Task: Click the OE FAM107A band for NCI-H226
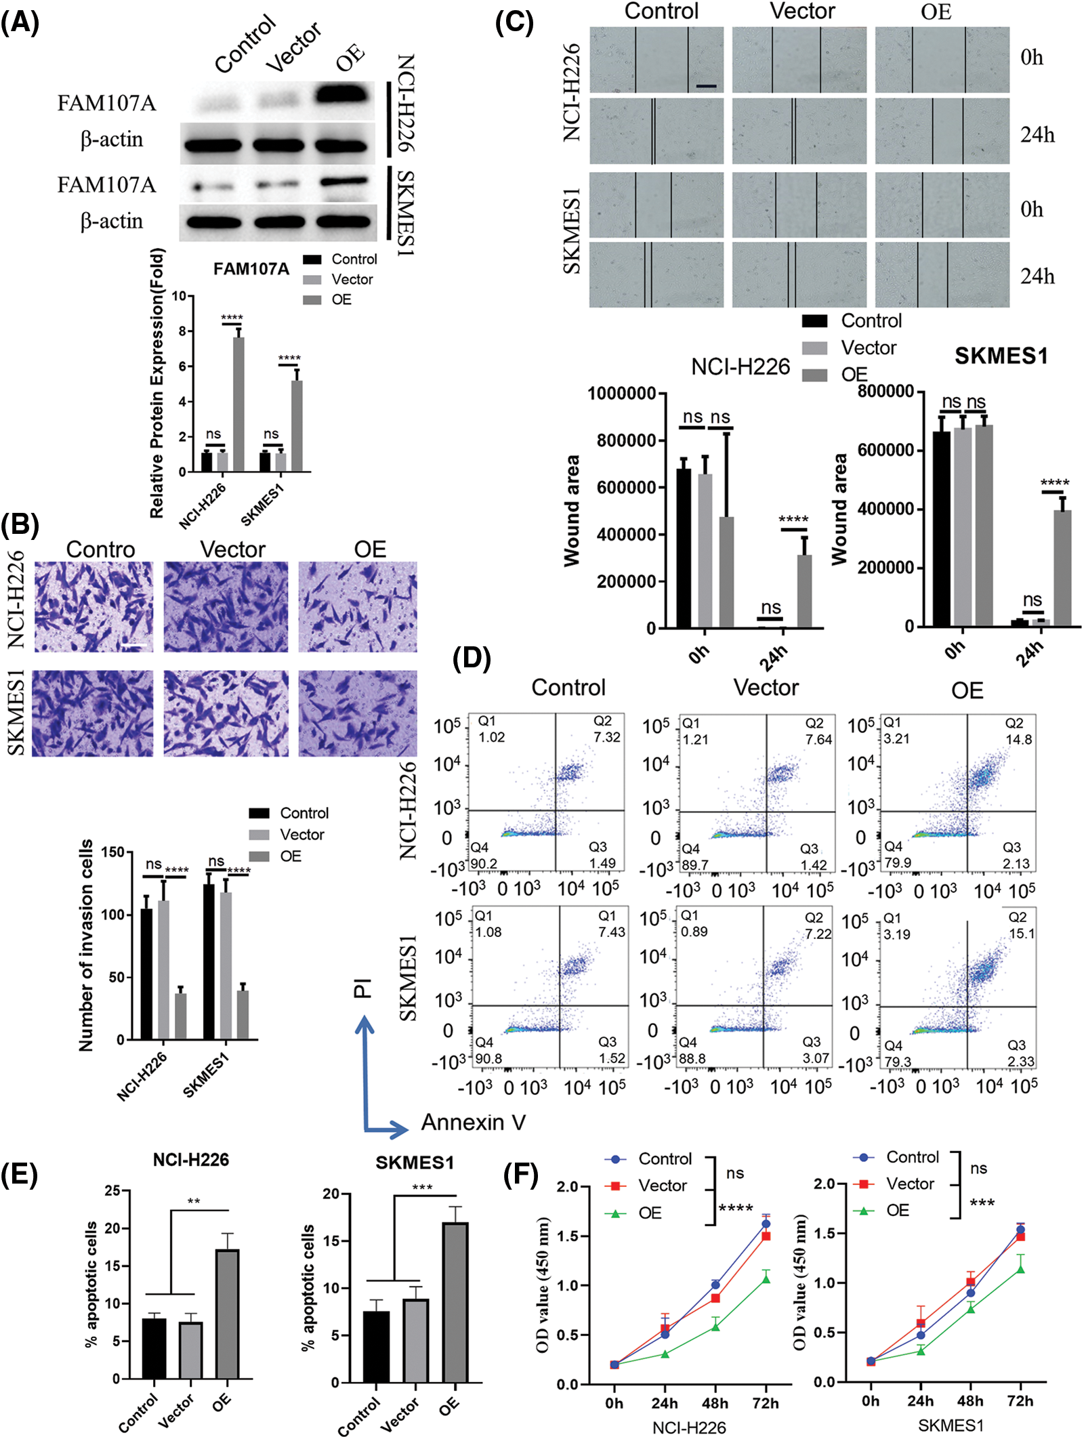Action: [x=344, y=94]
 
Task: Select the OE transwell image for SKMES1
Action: [x=358, y=713]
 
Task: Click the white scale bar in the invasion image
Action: [x=134, y=645]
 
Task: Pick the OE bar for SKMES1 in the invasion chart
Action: [x=243, y=1014]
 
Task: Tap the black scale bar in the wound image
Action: [x=705, y=86]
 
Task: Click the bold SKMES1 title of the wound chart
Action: [x=1001, y=356]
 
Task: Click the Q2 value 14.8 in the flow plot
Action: [x=1018, y=739]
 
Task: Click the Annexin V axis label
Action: [x=473, y=1122]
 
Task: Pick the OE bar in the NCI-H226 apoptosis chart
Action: [x=227, y=1313]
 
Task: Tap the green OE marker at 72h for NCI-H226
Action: [x=766, y=1278]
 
